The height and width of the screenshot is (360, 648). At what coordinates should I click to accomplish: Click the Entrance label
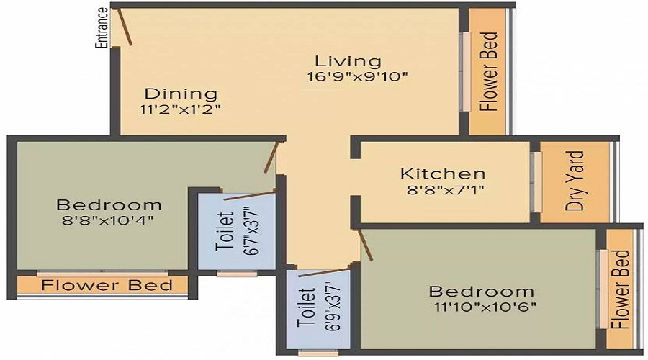(x=102, y=28)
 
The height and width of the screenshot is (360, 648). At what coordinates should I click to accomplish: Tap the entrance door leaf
(x=125, y=26)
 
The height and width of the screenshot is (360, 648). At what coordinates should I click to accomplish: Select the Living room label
(x=348, y=61)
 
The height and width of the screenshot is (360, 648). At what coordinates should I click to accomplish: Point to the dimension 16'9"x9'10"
(x=357, y=77)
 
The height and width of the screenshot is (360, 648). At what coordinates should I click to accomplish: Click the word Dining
(x=181, y=94)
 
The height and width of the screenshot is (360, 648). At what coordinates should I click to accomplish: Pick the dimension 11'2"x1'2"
(x=180, y=109)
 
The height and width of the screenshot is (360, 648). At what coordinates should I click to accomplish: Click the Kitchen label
(x=443, y=174)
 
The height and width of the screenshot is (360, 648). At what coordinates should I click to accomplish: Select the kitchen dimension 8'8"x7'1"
(x=446, y=189)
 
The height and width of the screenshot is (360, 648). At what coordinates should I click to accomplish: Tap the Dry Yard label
(x=575, y=181)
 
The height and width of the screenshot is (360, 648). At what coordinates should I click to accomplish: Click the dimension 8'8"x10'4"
(x=108, y=220)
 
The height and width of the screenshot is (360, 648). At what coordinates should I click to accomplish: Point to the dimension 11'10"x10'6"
(x=485, y=307)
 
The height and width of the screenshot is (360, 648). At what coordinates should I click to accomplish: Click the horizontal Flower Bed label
(x=107, y=285)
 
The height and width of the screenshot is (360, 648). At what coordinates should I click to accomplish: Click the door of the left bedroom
(x=271, y=157)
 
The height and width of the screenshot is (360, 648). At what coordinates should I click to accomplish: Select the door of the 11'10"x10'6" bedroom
(x=365, y=244)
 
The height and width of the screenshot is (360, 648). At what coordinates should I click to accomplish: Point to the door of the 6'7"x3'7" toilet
(x=250, y=196)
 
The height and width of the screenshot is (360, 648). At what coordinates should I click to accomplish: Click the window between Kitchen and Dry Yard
(x=536, y=182)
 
